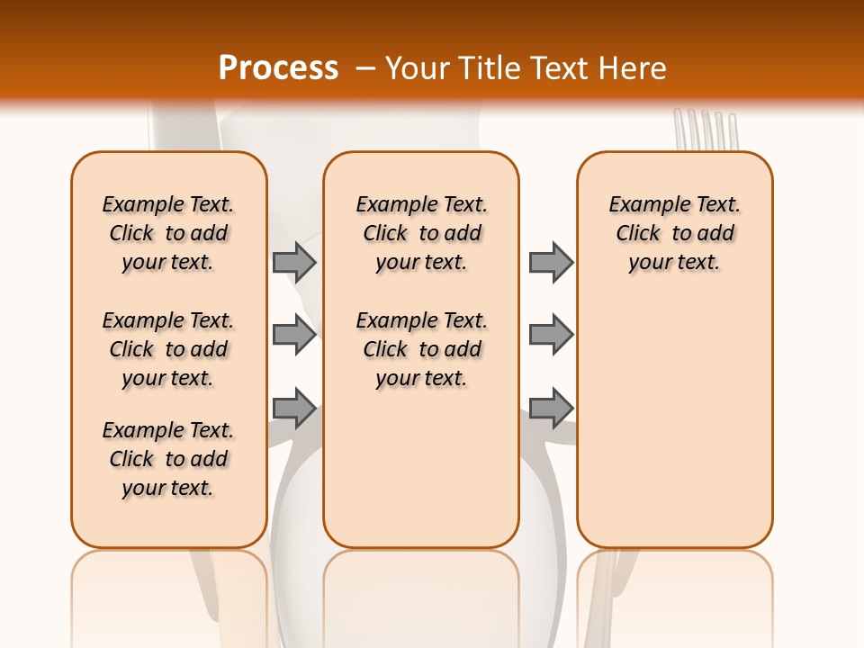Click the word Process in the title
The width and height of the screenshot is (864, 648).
[278, 68]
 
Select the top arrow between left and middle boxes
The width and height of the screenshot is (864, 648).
[294, 262]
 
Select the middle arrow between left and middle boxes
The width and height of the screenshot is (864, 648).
[294, 335]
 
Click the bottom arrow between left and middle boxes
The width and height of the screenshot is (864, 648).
[294, 409]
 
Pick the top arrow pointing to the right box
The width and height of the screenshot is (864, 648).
[550, 262]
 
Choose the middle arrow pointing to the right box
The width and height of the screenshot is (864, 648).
[550, 335]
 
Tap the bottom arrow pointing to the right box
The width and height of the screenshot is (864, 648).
[550, 409]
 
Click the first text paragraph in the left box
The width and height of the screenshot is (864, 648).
[168, 233]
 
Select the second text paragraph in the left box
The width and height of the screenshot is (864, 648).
[168, 349]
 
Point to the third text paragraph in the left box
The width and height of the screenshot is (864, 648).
[168, 459]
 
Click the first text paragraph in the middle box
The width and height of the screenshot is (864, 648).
[421, 233]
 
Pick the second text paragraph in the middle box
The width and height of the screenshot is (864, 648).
[421, 349]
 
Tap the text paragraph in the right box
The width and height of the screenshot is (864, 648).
[674, 233]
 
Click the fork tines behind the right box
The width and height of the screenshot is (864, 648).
[706, 130]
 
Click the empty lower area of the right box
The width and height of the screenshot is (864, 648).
[674, 432]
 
